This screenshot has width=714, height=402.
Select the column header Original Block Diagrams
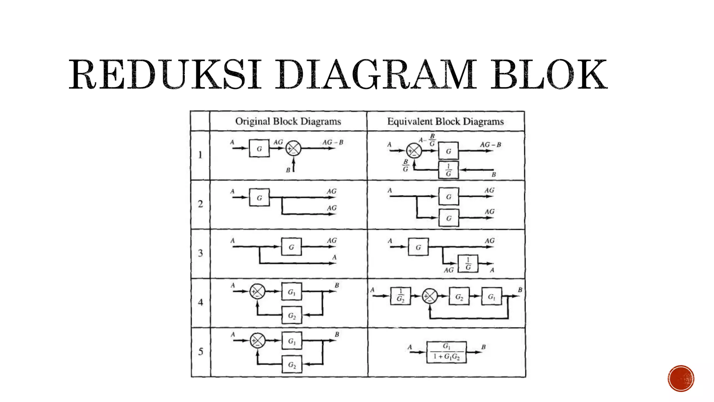tap(288, 121)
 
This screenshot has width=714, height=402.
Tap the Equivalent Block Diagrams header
tap(445, 121)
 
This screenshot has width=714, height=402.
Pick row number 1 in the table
tap(200, 155)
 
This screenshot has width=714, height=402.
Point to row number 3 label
tap(200, 253)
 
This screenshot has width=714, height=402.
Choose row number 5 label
tap(200, 351)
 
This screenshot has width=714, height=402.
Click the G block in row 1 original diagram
tap(259, 148)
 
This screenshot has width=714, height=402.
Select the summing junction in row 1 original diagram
tap(293, 148)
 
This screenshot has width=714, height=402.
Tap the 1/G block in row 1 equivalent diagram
tap(448, 170)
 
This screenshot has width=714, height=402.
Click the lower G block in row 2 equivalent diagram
tap(448, 218)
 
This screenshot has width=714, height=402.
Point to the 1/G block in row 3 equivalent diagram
tap(468, 264)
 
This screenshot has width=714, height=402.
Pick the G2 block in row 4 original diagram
tap(292, 315)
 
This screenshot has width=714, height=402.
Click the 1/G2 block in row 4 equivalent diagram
tap(401, 296)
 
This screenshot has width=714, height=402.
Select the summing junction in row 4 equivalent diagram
tap(430, 296)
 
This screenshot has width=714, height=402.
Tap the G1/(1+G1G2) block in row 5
tap(447, 352)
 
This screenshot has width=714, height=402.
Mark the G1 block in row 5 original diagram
tap(292, 341)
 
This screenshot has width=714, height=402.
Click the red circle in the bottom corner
tap(681, 379)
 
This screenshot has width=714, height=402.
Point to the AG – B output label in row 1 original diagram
tap(333, 142)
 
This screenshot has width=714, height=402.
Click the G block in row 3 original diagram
tap(291, 247)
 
